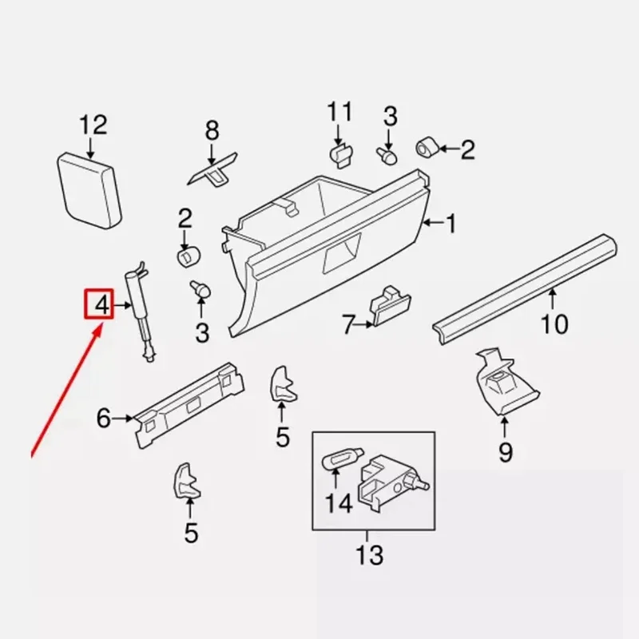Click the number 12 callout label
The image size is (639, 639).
tap(93, 125)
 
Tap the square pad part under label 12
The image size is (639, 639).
tap(89, 190)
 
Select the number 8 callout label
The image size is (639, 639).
tap(212, 131)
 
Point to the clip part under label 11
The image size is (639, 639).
tap(341, 155)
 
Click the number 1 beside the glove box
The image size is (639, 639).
tap(451, 224)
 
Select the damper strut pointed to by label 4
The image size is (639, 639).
tap(141, 312)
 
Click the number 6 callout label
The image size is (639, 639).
tap(104, 418)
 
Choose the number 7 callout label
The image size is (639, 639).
tap(348, 325)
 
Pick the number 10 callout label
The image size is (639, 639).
tap(554, 324)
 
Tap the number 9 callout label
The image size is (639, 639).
tap(506, 452)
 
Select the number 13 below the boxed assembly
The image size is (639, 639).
tap(369, 554)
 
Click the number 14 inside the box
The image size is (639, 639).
tap(338, 504)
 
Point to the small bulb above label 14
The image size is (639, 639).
tap(343, 458)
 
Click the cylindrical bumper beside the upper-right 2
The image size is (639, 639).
tap(427, 148)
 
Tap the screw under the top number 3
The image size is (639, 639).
tap(387, 156)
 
